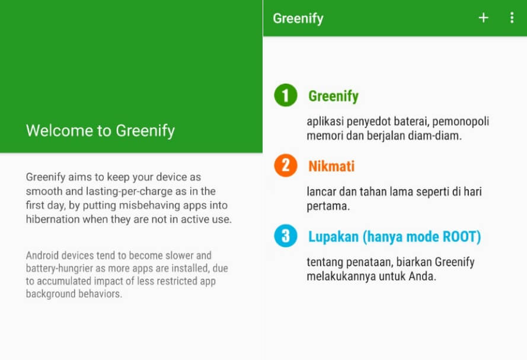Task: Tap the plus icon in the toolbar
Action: [x=483, y=18]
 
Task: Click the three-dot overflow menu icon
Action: [x=512, y=18]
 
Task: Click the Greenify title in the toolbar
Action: [x=298, y=19]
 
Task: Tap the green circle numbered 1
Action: [x=286, y=95]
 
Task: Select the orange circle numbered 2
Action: [x=286, y=165]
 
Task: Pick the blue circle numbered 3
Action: [x=286, y=235]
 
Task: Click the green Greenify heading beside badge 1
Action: [x=333, y=97]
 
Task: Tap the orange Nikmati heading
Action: [x=331, y=166]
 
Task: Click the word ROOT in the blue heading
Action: [x=462, y=237]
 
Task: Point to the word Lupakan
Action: [x=333, y=237]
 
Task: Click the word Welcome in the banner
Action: [x=59, y=130]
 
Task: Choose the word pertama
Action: [x=328, y=206]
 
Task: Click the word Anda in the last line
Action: [x=422, y=276]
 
